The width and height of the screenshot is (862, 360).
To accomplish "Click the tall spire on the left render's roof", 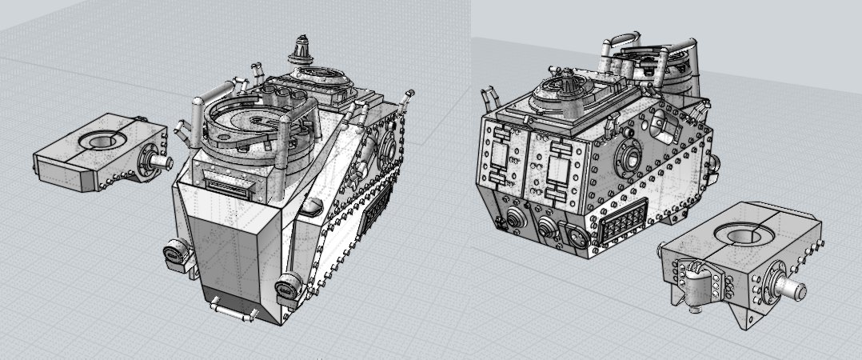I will pos(302,50).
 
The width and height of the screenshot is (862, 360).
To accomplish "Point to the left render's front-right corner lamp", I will pos(287,285).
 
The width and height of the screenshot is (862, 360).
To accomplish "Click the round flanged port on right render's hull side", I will pos(623,157).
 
